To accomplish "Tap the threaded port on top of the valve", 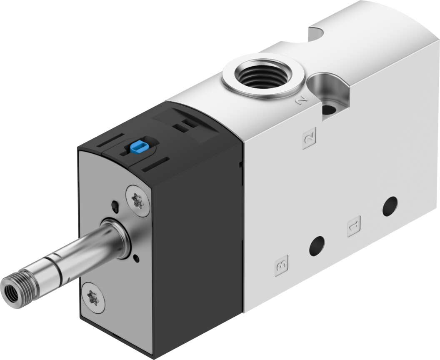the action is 263,73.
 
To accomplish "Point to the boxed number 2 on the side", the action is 310,138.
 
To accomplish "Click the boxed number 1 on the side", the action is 354,226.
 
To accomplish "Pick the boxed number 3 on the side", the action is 281,265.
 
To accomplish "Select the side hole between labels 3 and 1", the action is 317,246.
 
